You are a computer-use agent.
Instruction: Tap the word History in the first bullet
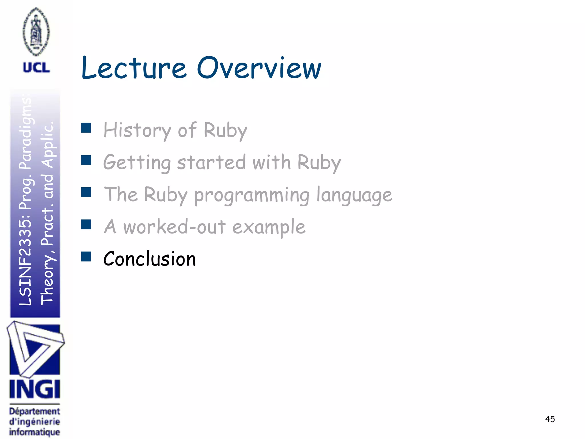[137, 130]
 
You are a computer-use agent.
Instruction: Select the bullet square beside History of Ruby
[86, 128]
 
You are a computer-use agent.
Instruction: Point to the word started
[211, 162]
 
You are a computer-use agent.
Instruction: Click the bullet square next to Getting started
[86, 160]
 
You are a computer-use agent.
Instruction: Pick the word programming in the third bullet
[252, 195]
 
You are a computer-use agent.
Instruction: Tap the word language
[354, 195]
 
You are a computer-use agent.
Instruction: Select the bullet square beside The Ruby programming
[86, 192]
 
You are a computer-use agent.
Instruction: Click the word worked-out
[174, 227]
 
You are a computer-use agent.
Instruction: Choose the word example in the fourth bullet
[269, 227]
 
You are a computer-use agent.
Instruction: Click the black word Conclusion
[149, 259]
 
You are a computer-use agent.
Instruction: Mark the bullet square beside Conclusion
[86, 256]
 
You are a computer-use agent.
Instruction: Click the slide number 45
[550, 419]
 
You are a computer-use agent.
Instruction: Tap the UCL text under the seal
[36, 68]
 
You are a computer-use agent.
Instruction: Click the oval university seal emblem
[36, 31]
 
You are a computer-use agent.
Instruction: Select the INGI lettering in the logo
[35, 389]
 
